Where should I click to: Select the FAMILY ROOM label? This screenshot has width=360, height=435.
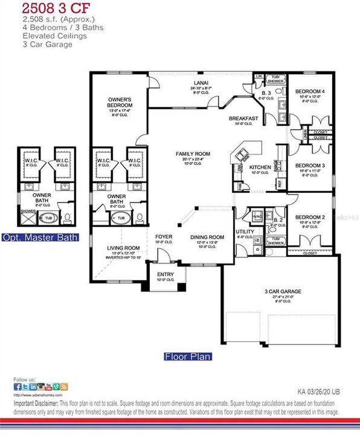tap(193, 154)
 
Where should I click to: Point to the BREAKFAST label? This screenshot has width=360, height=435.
tap(243, 118)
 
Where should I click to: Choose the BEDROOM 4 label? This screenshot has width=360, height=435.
tap(309, 92)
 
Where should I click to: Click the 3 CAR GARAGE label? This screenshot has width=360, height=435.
tap(283, 291)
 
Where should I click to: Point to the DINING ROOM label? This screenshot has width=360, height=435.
tap(207, 237)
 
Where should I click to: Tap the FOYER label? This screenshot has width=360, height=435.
tap(164, 237)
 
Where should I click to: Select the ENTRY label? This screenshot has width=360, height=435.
tap(165, 275)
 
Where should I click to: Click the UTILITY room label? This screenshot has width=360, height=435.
tap(245, 231)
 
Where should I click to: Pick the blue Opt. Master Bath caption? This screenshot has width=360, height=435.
tap(40, 237)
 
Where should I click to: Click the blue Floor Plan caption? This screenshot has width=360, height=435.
tap(188, 356)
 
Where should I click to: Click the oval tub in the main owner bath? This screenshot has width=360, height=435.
tap(120, 217)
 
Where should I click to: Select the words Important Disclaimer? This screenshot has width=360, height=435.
tap(35, 402)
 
